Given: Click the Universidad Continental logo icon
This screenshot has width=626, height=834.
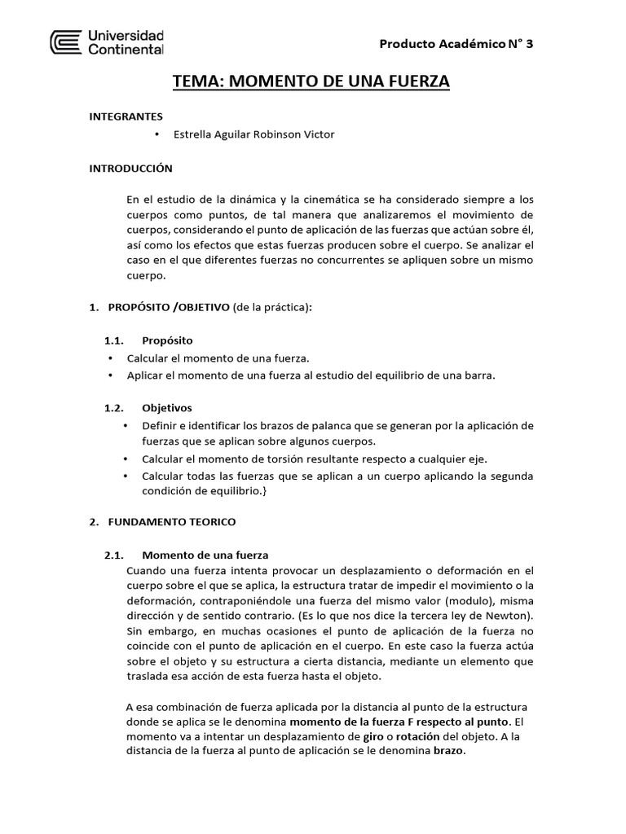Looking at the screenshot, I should point(66,43).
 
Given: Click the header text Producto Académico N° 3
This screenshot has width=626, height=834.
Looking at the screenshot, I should point(457,44).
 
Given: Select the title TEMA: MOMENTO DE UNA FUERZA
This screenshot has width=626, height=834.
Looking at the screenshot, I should point(311,81).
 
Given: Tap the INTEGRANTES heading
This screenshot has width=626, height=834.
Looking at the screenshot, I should point(126,116).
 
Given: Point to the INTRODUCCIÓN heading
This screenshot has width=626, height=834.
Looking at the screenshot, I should point(130,168).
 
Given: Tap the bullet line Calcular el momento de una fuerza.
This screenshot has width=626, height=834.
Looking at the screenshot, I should point(218,358).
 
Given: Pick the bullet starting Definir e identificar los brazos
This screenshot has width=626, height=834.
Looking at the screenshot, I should point(337,425).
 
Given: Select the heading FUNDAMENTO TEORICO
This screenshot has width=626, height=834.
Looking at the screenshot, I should point(168,521).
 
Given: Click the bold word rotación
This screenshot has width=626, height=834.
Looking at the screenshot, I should point(413,736).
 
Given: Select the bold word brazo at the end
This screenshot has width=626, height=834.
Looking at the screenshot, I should point(448,751).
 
